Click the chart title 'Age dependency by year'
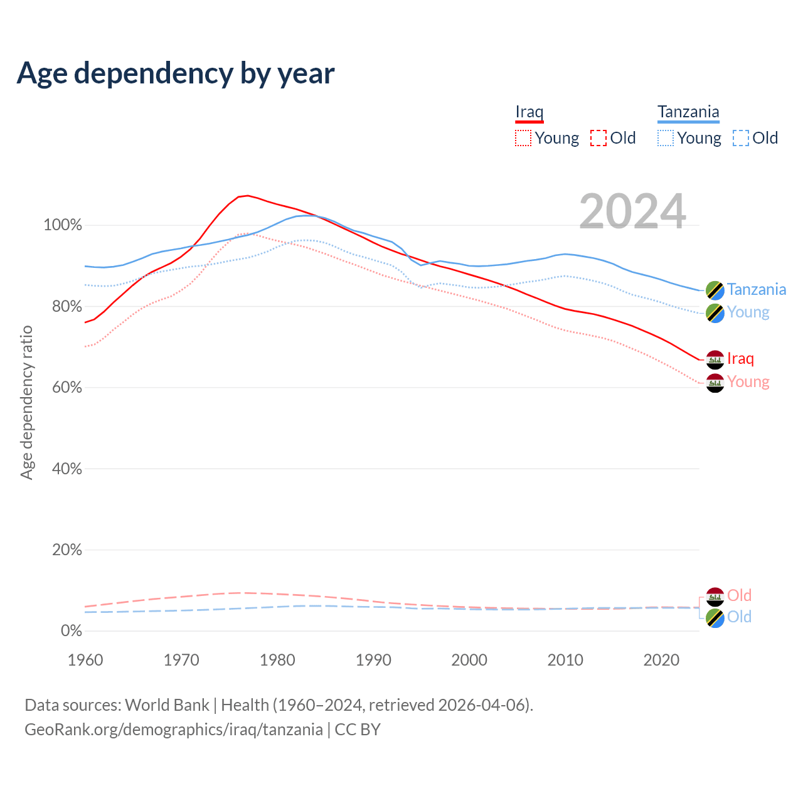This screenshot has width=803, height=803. (x=176, y=73)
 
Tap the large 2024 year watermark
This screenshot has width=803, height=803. (x=632, y=211)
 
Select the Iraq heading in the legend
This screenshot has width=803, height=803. (x=529, y=112)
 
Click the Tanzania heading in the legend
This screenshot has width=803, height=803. (x=688, y=112)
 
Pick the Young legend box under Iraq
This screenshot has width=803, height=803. (x=523, y=138)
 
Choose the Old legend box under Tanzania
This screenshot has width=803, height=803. (x=741, y=138)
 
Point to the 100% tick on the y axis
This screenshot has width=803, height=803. (x=63, y=225)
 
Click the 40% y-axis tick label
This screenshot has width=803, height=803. (x=65, y=469)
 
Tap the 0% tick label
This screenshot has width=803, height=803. (x=72, y=630)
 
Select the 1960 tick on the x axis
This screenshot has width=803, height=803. (x=85, y=660)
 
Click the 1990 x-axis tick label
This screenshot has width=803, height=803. (x=373, y=660)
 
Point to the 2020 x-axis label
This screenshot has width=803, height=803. (x=661, y=660)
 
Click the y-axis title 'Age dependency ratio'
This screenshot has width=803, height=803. (x=26, y=402)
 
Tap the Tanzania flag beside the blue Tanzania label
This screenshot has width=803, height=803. (x=715, y=290)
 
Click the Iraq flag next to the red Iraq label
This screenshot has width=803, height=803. (x=715, y=359)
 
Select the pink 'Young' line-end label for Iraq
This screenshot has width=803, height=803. (x=748, y=382)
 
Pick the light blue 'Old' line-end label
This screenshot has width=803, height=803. (x=739, y=617)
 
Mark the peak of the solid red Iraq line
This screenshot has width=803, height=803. (x=247, y=196)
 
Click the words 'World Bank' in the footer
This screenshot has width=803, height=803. (x=167, y=705)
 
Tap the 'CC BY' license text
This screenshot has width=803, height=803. (x=358, y=730)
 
